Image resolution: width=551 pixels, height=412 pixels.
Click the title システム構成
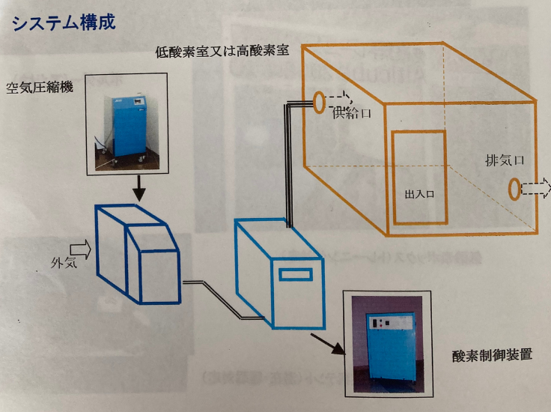tap(64, 22)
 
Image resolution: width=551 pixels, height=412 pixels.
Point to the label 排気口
tap(504, 160)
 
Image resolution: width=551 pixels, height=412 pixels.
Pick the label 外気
tap(61, 264)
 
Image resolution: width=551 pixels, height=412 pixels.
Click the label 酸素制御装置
tap(493, 354)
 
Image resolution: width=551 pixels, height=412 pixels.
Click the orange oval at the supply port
tap(320, 103)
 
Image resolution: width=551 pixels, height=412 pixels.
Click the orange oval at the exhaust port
tap(515, 189)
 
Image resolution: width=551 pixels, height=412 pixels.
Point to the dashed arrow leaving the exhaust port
tap(537, 189)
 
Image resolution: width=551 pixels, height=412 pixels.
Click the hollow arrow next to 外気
tap(79, 249)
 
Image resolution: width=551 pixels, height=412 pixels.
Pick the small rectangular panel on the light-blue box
tap(296, 275)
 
